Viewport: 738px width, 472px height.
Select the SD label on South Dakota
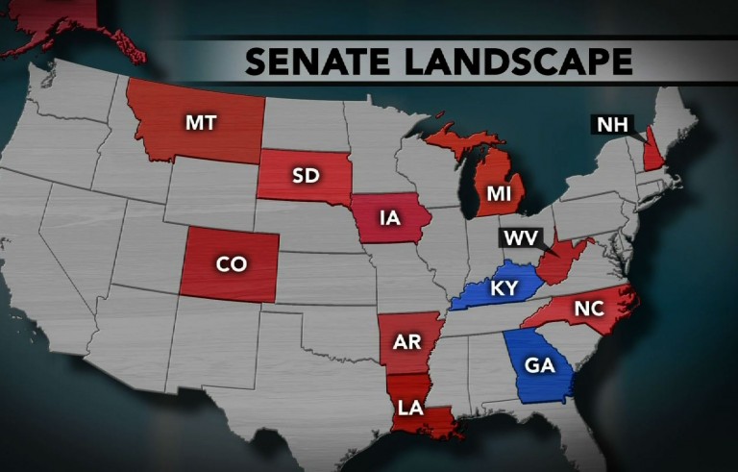point(307,174)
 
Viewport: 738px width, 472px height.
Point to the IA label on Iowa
point(388,222)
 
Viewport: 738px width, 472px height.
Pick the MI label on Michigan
point(498,193)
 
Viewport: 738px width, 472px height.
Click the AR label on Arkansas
point(405,341)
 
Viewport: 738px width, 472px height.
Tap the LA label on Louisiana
point(410,408)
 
